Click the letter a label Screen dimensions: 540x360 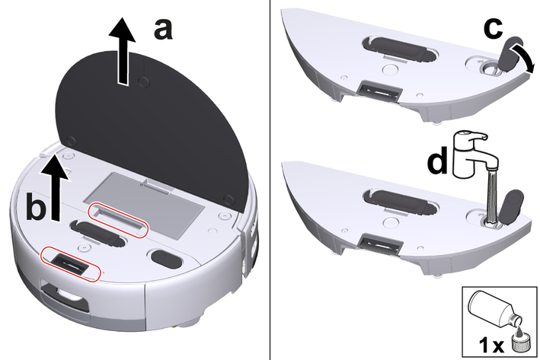coord(163,30)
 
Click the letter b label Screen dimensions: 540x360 coord(36,207)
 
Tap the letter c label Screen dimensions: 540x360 coord(494,28)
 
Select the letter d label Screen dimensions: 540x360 coord(437,159)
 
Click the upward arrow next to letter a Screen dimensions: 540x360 coord(122,51)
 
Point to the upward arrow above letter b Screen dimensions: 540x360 coord(55,187)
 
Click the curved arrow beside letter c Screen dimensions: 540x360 coord(524,58)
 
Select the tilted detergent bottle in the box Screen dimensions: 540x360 coord(494,308)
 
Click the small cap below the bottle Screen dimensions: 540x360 coord(516,344)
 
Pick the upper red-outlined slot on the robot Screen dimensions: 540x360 coord(118,220)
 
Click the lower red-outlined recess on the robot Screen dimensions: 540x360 coord(71,263)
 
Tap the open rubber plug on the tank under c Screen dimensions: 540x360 coord(508,54)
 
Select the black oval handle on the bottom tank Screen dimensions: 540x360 coord(401,202)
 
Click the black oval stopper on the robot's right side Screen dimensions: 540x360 coord(167,259)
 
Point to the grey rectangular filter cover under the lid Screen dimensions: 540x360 coord(144,205)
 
